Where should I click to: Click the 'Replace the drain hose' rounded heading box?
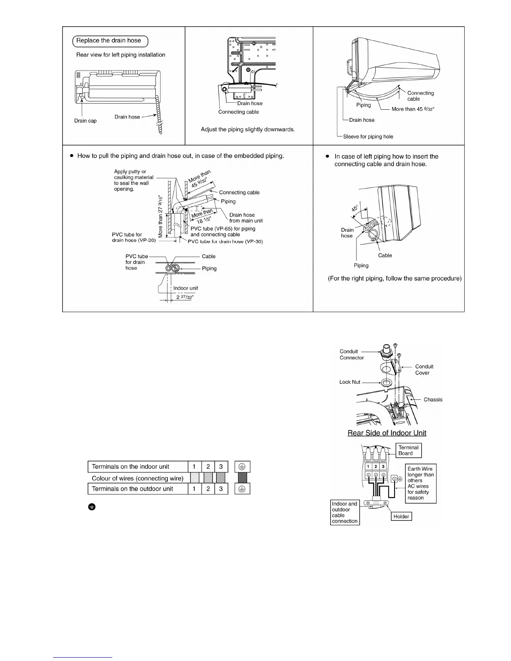click(x=111, y=41)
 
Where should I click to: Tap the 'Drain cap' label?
click(x=85, y=121)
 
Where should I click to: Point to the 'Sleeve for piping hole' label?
click(x=368, y=136)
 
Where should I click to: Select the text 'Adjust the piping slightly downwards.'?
click(x=248, y=129)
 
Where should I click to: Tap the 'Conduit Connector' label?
click(x=352, y=354)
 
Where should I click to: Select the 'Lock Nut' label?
click(x=349, y=382)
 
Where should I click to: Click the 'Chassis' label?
click(x=433, y=399)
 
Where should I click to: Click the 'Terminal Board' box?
click(x=408, y=450)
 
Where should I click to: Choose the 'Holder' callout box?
click(x=401, y=516)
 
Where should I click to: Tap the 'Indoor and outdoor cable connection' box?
click(x=345, y=512)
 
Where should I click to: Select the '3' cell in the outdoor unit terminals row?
click(x=221, y=489)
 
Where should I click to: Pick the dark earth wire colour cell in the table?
click(x=242, y=478)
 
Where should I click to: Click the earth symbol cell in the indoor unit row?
click(x=242, y=467)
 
